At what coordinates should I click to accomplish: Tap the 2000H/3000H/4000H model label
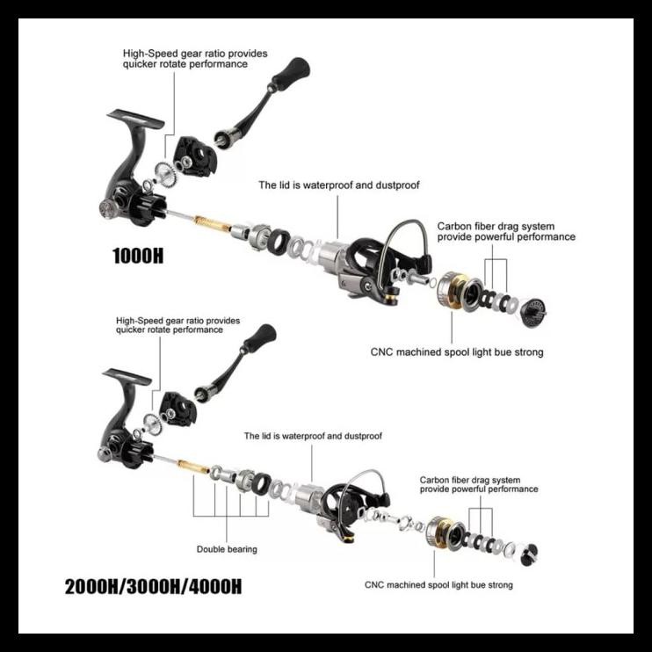point(153,586)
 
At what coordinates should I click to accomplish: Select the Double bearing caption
point(227,549)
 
